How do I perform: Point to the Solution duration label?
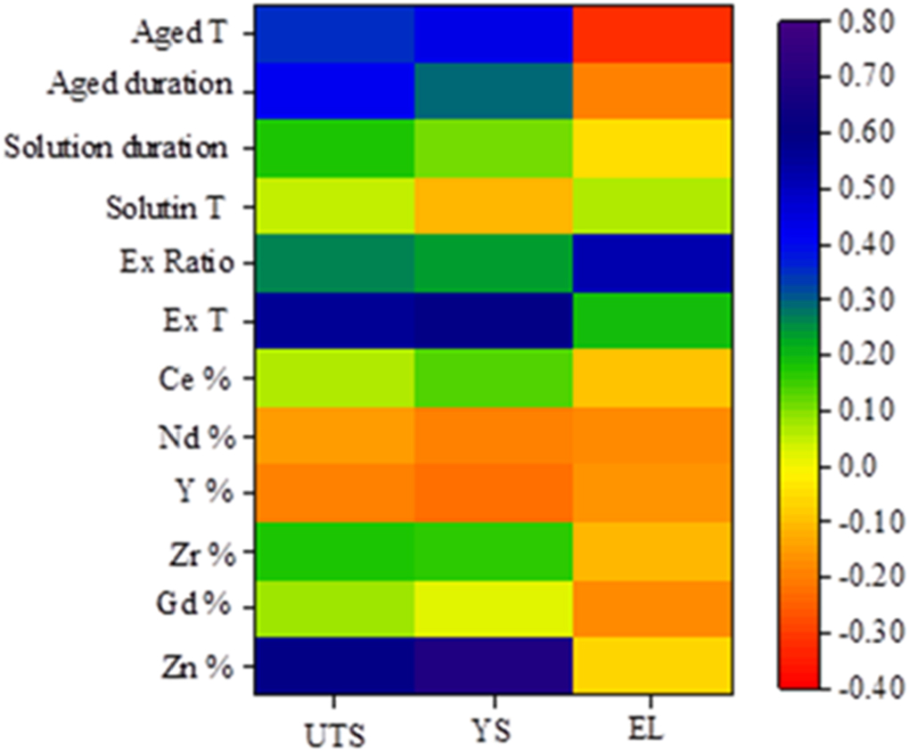click(116, 147)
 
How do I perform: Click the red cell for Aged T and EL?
click(653, 34)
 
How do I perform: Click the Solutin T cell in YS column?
click(493, 205)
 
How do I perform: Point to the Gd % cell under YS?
click(493, 608)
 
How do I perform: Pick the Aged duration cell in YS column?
click(493, 90)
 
